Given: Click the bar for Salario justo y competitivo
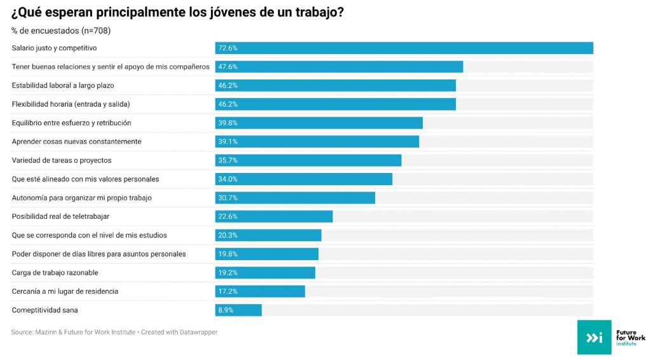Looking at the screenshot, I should (x=404, y=48).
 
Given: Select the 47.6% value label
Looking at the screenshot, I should (x=228, y=67).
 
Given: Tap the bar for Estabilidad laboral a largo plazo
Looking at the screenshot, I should (x=335, y=85).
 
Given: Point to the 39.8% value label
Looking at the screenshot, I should (x=228, y=123).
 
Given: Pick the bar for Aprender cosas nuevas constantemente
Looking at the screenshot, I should (x=317, y=141).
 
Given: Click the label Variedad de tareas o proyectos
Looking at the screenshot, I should (x=62, y=160).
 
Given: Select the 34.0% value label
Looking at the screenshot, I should (x=228, y=179).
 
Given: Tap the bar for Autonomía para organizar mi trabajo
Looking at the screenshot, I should (x=295, y=198).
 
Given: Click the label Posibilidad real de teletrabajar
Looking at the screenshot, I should (x=60, y=216).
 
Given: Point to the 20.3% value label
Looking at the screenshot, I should (x=228, y=235).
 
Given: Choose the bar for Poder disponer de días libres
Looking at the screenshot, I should (x=266, y=254).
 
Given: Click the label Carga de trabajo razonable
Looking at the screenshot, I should (x=56, y=272).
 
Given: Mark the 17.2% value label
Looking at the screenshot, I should (x=228, y=291).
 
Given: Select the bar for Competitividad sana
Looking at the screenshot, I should (x=238, y=310).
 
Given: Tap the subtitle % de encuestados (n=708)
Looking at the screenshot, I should (x=61, y=31).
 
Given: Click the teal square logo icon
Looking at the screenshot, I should (x=594, y=337).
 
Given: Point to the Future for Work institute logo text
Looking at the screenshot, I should (x=631, y=337).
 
